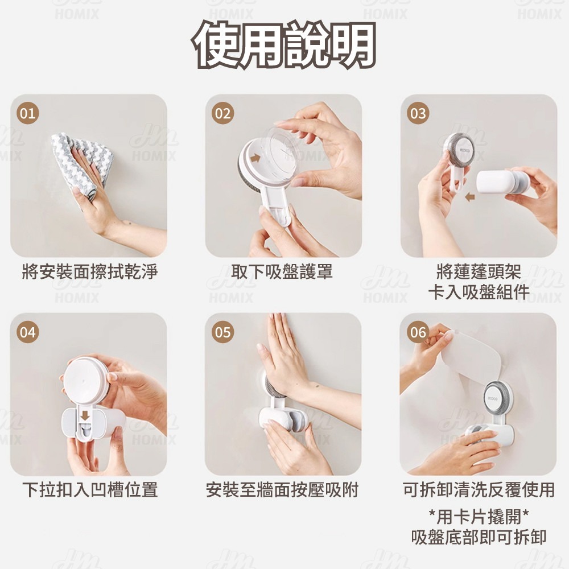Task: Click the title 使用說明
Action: coord(284,44)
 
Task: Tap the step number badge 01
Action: coord(27,113)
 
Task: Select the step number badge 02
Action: coord(222,113)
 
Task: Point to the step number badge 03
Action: coord(418,113)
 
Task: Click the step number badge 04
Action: coord(27,332)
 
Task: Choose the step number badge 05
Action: coord(222,332)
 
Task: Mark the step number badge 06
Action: coord(418,332)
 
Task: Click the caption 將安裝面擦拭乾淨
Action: coord(90,271)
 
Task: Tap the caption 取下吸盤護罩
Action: coord(282,271)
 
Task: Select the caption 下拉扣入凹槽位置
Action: coord(90,489)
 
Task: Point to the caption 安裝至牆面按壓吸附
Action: coord(282,489)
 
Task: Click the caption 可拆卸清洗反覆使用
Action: coord(479,489)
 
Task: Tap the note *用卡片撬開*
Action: coord(479,517)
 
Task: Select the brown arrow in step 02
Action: coord(255,158)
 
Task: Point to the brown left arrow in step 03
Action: coord(470,197)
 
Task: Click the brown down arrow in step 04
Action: coord(85,416)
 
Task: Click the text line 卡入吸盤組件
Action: coord(479,292)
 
